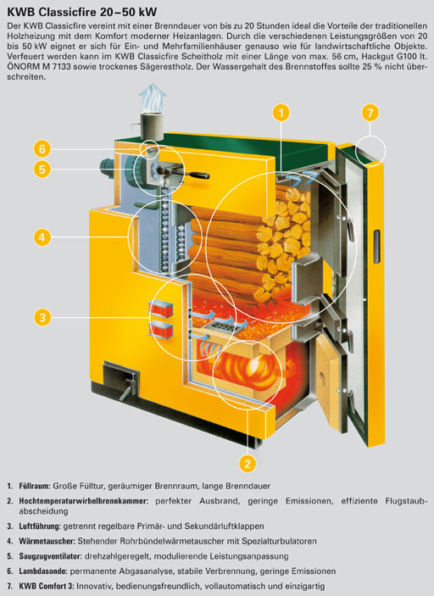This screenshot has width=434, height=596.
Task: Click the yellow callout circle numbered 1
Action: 281,113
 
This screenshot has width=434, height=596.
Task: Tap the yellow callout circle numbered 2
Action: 248,464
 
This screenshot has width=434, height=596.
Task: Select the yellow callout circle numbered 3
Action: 42,317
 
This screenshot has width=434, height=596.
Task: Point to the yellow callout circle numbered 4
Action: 42,237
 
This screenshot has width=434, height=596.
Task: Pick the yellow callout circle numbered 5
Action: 42,169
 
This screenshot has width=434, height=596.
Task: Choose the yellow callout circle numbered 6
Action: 42,148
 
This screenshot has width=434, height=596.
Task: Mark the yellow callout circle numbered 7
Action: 370,113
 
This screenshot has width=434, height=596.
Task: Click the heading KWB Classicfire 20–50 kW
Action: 81,12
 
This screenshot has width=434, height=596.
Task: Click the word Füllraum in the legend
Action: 35,486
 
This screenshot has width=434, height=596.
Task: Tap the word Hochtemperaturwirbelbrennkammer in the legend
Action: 83,501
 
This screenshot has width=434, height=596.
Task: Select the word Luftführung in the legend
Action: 40,526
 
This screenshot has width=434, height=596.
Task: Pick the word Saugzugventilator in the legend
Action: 51,556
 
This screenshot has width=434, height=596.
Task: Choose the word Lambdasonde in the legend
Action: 43,571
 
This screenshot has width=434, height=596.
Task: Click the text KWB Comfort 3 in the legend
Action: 47,587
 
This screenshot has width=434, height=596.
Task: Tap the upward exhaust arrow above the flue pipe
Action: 153,96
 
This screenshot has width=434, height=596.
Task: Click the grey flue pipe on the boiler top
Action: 152,125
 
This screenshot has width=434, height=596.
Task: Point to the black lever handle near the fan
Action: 187,175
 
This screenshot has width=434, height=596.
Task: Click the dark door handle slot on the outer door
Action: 376,247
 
